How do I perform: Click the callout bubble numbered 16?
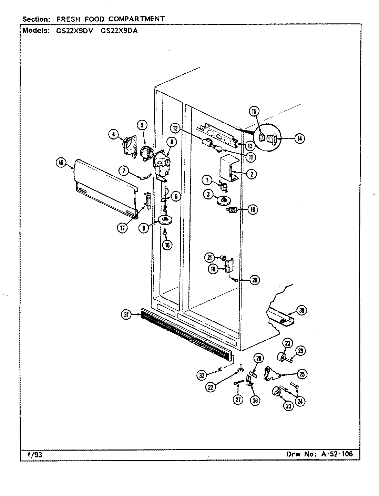point(61,163)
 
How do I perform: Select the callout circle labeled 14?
point(299,139)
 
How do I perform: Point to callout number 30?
point(301,310)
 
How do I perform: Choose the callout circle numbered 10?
point(167,245)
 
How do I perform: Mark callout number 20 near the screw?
point(255,280)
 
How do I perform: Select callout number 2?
point(252,174)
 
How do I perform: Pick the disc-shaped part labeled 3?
point(224,200)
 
